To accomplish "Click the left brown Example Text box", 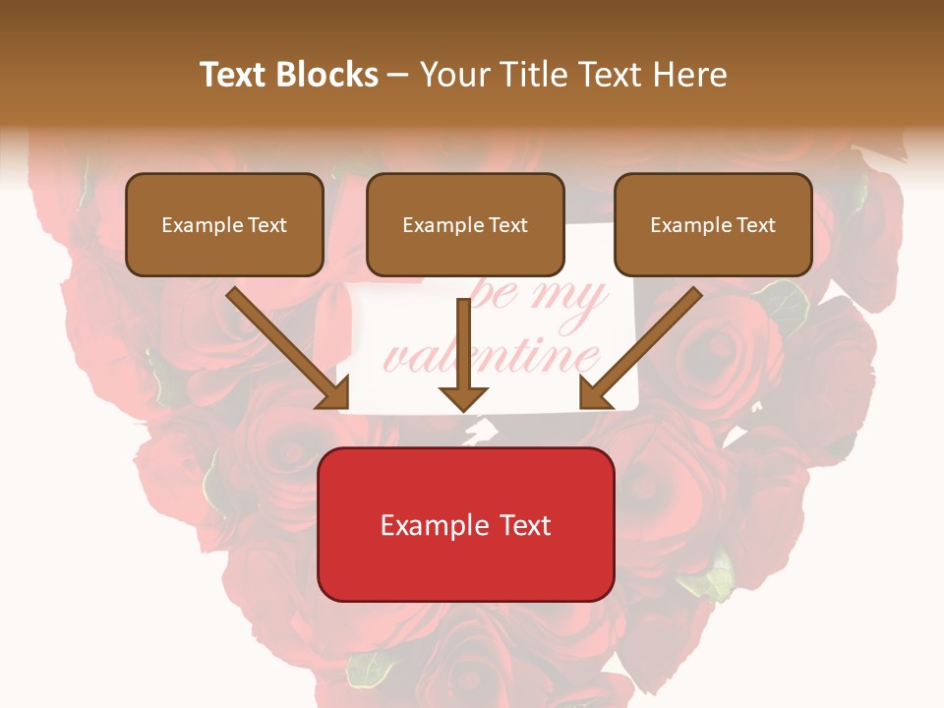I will click(x=224, y=224).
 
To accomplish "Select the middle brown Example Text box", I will click(x=465, y=224).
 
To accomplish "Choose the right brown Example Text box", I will click(x=713, y=224).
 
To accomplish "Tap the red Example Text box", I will click(x=466, y=524).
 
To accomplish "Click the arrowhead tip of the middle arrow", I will click(x=463, y=409).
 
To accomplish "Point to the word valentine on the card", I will click(x=492, y=356).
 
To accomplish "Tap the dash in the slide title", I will click(x=398, y=75).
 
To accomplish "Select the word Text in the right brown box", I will click(x=755, y=225).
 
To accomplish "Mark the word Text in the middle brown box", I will click(x=507, y=225).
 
